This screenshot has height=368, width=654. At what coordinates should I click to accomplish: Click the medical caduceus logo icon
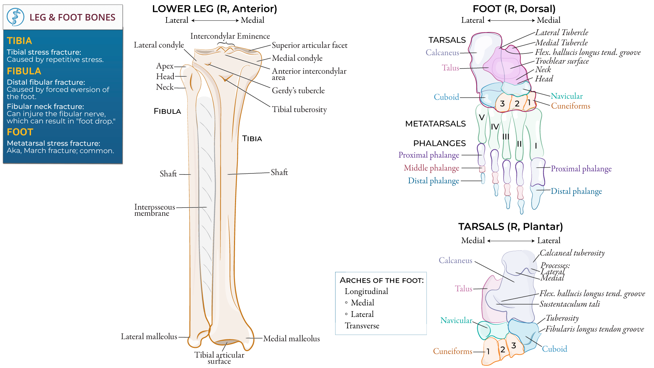point(16,17)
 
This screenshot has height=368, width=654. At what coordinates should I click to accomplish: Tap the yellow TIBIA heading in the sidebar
point(19,41)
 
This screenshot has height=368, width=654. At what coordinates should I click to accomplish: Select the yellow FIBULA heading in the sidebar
point(24,71)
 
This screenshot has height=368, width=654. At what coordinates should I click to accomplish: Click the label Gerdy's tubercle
point(298,91)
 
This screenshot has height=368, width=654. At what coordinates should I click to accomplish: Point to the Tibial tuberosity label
point(299,109)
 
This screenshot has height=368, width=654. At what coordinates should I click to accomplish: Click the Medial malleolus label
point(291,339)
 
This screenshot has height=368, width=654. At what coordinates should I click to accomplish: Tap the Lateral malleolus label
point(149,337)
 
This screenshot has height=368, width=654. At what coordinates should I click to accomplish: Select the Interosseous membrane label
point(154,210)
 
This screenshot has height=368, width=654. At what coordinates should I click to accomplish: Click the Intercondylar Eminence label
point(230,36)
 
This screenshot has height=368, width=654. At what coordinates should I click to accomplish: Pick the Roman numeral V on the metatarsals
point(482,118)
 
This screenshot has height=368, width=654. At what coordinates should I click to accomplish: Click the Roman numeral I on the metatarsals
point(536,146)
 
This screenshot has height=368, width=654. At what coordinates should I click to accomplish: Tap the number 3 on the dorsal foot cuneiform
point(502,104)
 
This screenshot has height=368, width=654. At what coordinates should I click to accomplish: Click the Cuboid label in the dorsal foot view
point(446,97)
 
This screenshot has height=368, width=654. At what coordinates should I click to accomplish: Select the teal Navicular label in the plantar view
point(456,321)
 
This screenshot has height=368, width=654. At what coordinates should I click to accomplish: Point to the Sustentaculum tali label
point(570,304)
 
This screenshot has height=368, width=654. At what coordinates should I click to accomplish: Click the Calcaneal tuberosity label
point(572,253)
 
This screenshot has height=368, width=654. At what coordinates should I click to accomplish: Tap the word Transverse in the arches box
point(362,326)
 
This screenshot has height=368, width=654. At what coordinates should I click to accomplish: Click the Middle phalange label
point(431,168)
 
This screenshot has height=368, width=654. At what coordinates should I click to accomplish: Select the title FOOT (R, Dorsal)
point(514,9)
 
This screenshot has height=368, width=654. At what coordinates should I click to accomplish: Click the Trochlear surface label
point(562,61)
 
